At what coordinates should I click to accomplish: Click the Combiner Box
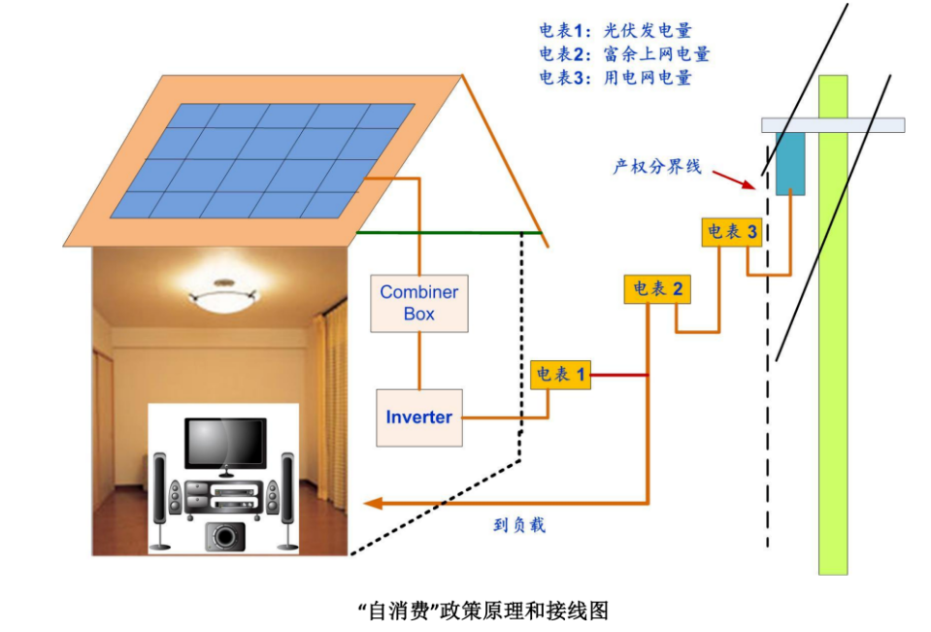point(419,303)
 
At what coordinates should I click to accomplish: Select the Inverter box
point(419,417)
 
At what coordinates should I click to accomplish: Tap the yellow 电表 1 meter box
point(560,375)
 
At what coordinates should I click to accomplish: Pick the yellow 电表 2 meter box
point(658,289)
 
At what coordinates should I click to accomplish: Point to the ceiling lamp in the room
point(224,289)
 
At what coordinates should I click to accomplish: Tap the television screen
point(225,443)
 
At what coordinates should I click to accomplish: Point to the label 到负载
point(519,525)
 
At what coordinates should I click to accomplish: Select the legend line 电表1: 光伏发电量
point(615,31)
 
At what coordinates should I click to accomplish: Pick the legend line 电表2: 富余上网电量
point(624,54)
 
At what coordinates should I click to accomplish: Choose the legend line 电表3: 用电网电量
point(615,78)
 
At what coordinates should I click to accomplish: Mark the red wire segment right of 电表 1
point(618,375)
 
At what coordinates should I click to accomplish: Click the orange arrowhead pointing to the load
point(371,503)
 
